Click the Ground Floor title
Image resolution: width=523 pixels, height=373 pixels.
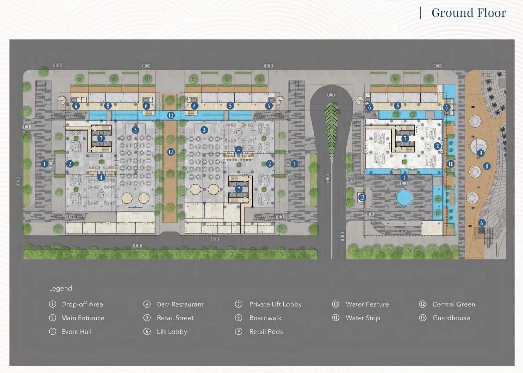pos(469,13)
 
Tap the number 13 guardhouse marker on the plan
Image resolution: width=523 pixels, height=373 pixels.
pos(362,197)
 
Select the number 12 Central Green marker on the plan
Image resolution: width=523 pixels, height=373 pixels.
pos(171,152)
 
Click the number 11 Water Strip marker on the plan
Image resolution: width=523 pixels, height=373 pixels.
pos(171,115)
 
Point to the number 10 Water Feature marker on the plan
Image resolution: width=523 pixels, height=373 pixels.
pos(451,164)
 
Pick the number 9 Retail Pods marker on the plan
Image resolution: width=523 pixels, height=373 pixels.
pos(480,153)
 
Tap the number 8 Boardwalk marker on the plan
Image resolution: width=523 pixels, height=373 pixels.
pos(487,166)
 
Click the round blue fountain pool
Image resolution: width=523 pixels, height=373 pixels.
pos(404,198)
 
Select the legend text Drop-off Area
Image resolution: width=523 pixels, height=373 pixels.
pos(82,304)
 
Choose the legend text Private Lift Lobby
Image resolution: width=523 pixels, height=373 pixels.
pos(275,304)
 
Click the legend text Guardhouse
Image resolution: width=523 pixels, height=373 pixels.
pos(451,318)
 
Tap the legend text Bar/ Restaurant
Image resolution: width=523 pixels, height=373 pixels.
pos(180,304)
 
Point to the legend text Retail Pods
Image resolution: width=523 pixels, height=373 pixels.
pos(266,332)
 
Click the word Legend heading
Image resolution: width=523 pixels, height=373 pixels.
pos(60,288)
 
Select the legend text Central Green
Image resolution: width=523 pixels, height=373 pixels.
pos(454,304)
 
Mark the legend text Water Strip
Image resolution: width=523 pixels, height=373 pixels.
pos(363,318)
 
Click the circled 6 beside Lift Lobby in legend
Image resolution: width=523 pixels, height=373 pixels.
pos(147,332)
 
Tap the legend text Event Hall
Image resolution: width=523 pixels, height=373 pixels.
pos(76,332)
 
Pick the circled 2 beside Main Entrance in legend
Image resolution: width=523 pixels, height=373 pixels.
pos(52,318)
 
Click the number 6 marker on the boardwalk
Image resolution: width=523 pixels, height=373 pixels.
pos(482,223)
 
